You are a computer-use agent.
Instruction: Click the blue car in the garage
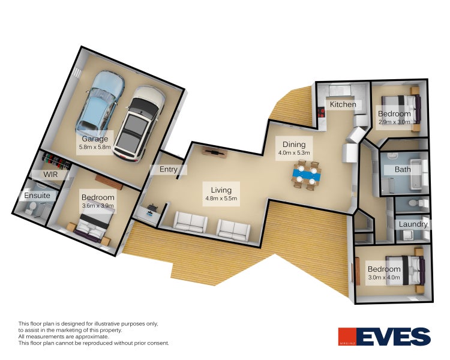click(x=99, y=103)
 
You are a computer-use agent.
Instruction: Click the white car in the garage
click(x=140, y=124)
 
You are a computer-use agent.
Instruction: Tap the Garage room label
click(x=95, y=139)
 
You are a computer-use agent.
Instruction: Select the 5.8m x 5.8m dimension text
click(x=95, y=147)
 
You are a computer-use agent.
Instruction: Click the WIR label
click(x=51, y=174)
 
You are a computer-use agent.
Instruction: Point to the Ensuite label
click(x=37, y=196)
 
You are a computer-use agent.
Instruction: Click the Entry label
click(x=169, y=170)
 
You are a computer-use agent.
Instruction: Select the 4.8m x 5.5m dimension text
click(x=222, y=198)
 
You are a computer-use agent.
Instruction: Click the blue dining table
click(x=307, y=174)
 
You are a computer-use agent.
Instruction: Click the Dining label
click(x=294, y=145)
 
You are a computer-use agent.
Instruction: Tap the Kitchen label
click(x=343, y=104)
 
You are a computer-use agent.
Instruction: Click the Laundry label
click(x=413, y=224)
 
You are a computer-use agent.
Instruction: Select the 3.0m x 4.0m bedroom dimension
click(x=385, y=277)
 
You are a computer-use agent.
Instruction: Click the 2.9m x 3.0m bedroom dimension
click(x=394, y=121)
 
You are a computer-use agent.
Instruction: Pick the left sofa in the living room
click(x=190, y=223)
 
